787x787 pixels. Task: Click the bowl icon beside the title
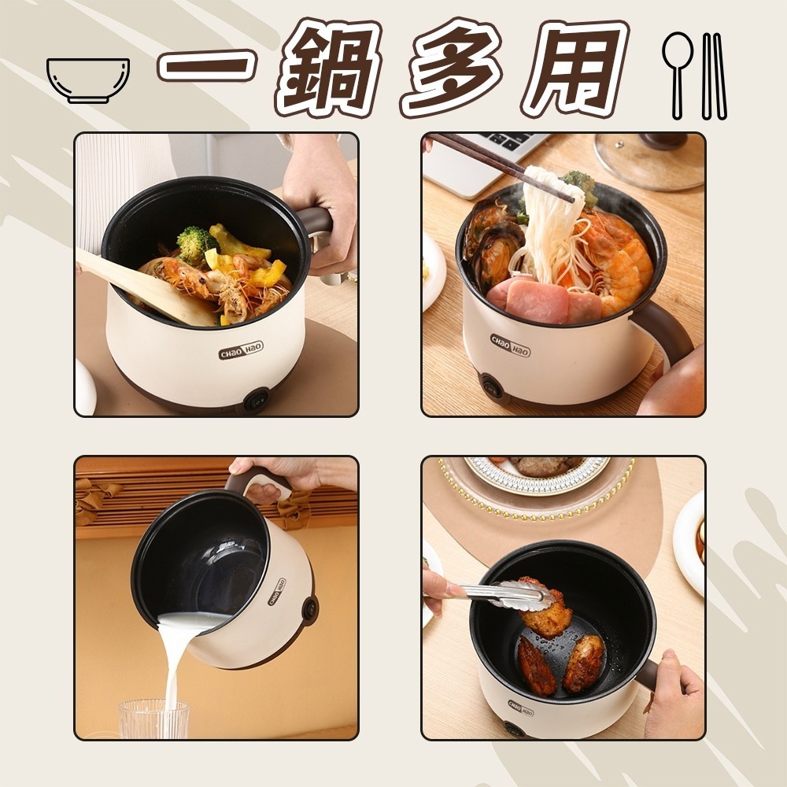[88, 80]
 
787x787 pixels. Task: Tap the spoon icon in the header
[677, 76]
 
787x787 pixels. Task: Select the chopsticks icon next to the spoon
[714, 76]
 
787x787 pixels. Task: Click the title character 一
[205, 65]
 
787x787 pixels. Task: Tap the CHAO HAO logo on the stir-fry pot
[241, 350]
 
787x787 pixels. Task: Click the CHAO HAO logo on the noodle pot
[510, 345]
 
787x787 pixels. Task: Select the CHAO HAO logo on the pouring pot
[277, 591]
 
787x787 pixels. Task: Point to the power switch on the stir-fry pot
[256, 401]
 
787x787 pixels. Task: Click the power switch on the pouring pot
[309, 610]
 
